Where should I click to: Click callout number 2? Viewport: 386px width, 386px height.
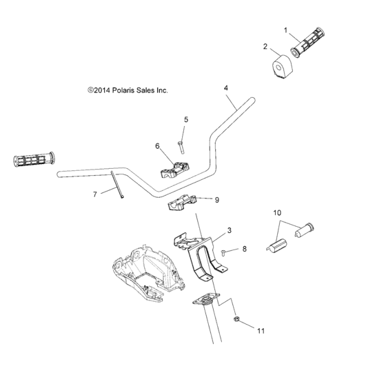265,47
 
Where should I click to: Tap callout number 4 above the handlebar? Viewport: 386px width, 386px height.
225,88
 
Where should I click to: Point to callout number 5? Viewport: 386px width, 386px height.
185,120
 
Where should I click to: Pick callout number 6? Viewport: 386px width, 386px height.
157,146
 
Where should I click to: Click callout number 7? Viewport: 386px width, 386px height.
95,194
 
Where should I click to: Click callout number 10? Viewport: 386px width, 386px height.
278,214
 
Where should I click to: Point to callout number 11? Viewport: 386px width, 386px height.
261,331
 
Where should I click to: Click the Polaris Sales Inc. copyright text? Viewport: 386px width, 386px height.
128,90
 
